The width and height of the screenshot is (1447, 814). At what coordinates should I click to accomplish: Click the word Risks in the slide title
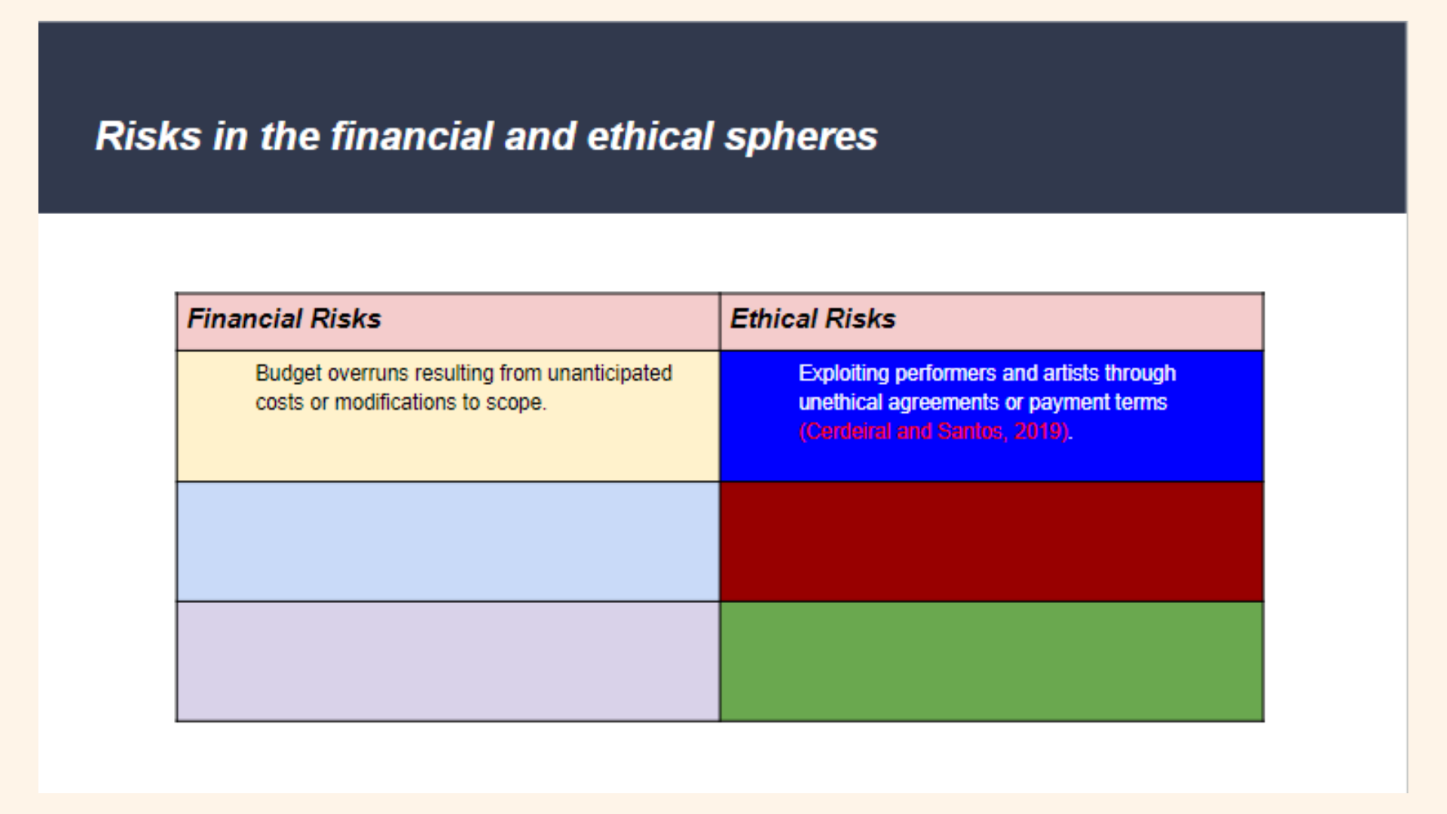coord(148,136)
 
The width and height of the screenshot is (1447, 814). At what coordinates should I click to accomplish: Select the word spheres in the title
coord(801,136)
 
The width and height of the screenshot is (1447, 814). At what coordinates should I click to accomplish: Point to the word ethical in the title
coord(650,136)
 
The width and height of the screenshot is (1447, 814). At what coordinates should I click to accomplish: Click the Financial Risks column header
coord(284,319)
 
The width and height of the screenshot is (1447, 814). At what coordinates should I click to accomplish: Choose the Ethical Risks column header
coord(812,319)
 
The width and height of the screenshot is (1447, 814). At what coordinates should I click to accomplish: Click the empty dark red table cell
coord(991,541)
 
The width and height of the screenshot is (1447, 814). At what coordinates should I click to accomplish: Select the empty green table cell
coord(991,661)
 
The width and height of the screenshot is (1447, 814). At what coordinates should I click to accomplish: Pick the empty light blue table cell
coord(448,541)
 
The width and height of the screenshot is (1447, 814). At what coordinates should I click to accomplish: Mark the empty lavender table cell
coord(448,661)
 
